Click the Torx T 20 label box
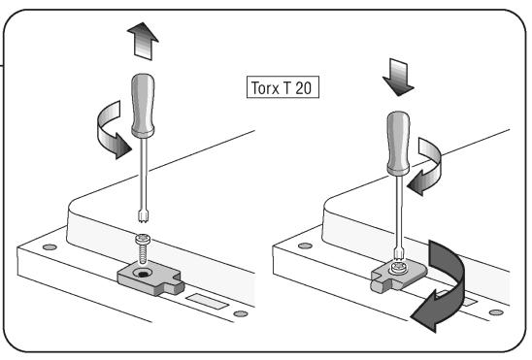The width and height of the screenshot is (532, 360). tap(283, 87)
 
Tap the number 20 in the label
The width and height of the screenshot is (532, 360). tap(303, 88)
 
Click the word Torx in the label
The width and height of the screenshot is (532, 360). tap(265, 88)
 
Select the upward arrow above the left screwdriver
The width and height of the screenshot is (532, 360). tap(143, 41)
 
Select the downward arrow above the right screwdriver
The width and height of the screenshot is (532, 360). tap(398, 78)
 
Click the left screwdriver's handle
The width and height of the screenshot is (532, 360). tap(143, 106)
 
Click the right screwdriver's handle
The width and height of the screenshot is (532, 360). tap(398, 143)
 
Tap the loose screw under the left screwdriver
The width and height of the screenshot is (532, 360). tap(143, 248)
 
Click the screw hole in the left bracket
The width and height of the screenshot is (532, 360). tap(142, 273)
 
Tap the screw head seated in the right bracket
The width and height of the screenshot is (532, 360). tap(398, 267)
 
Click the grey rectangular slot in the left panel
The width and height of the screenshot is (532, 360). tap(207, 302)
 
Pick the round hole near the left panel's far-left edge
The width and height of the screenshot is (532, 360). tap(50, 247)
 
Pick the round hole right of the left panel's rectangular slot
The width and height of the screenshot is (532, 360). tap(241, 313)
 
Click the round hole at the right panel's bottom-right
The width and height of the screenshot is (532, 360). tap(496, 312)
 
